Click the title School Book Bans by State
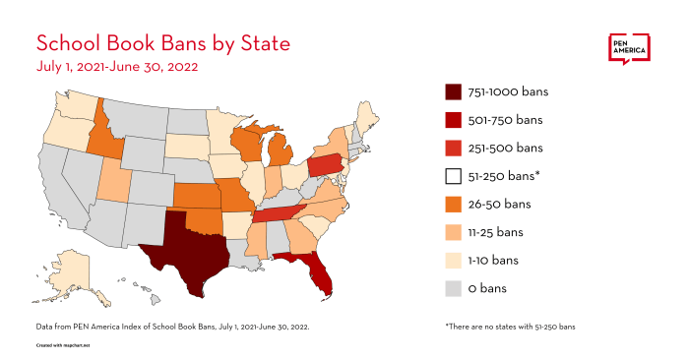pyautogui.click(x=162, y=44)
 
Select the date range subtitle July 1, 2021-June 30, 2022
pyautogui.click(x=117, y=68)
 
